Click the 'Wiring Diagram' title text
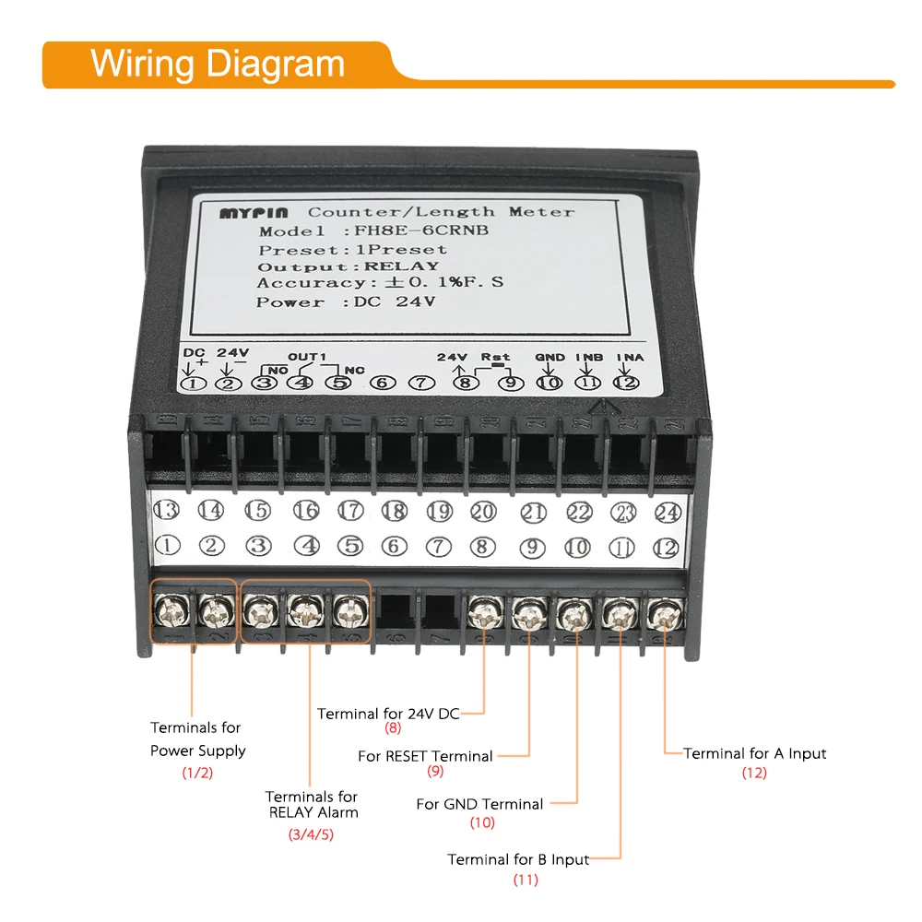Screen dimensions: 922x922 click(218, 65)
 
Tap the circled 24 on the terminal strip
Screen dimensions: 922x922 click(667, 512)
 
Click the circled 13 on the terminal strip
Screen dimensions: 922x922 click(166, 510)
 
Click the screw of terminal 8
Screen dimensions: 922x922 click(483, 610)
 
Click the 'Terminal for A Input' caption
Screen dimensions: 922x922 click(754, 753)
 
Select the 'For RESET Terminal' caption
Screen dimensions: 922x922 click(425, 756)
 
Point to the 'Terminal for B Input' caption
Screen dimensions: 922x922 click(518, 859)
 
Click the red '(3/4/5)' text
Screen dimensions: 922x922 click(311, 834)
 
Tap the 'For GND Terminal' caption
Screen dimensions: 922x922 click(479, 804)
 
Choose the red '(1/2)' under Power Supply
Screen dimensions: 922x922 click(197, 773)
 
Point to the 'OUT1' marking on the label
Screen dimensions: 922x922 click(307, 357)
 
